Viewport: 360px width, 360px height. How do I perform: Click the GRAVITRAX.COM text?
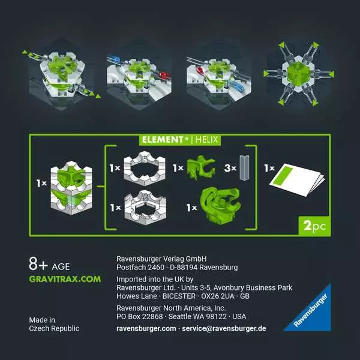coord(65,279)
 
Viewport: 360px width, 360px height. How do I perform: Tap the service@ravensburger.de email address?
coord(226,329)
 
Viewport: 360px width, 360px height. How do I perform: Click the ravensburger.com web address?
coord(146,329)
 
